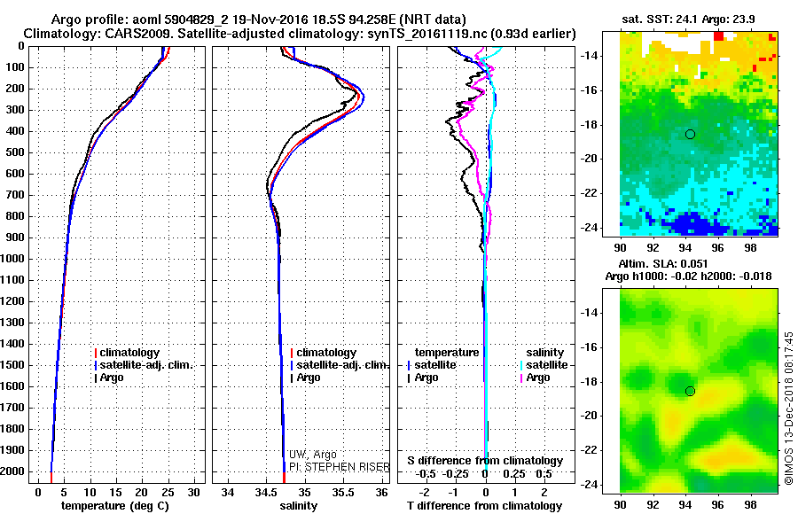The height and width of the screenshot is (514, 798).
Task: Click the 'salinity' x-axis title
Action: (x=299, y=505)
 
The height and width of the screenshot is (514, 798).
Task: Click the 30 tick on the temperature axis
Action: (x=192, y=491)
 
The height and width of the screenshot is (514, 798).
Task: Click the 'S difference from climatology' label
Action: (x=485, y=461)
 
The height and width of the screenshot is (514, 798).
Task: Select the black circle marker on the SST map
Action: (x=690, y=134)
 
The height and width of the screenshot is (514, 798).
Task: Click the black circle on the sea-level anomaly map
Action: (x=690, y=391)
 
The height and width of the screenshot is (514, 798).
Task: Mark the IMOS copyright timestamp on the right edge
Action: (x=788, y=408)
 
